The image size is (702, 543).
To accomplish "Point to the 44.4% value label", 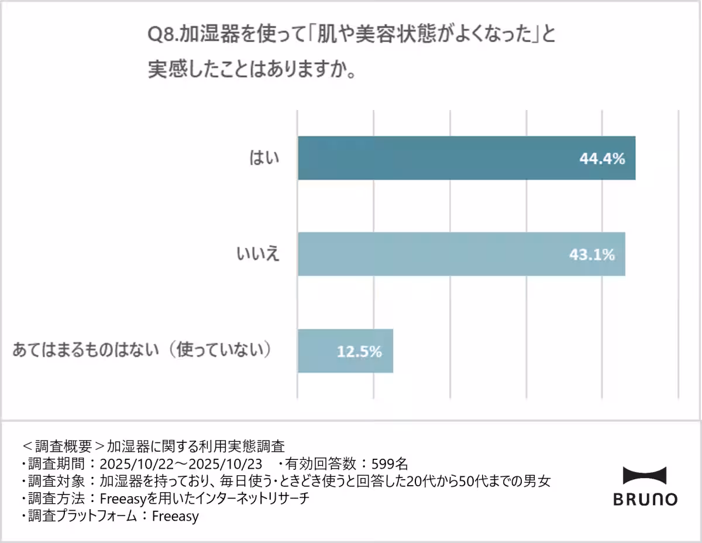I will click(x=603, y=159).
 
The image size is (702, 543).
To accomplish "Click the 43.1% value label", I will click(x=592, y=255).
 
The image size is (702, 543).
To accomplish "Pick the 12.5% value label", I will click(x=359, y=352).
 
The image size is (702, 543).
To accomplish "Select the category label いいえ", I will click(x=258, y=254).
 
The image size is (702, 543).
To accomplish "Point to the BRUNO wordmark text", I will click(x=645, y=499).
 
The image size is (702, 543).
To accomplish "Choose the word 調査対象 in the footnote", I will click(x=57, y=482).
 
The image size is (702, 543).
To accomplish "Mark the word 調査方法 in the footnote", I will click(x=57, y=499).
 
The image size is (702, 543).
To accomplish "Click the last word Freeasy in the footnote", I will click(x=175, y=517).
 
